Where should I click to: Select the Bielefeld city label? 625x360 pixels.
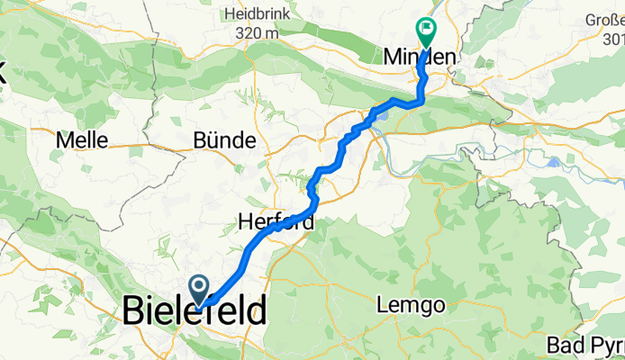[x=194, y=313]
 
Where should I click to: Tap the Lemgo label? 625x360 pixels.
[x=414, y=306]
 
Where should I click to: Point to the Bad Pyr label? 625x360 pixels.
[x=584, y=346]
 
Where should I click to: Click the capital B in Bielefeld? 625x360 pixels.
[x=133, y=313]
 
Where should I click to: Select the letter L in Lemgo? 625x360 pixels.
[x=388, y=306]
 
